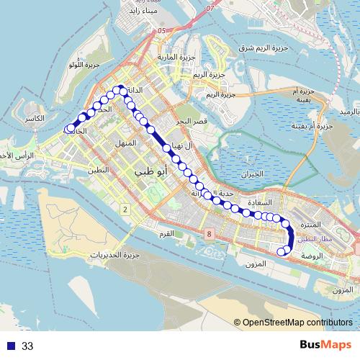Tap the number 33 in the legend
[x=27, y=346]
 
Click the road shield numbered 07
[x=210, y=9]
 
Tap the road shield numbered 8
[x=208, y=234]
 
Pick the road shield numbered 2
[x=125, y=210]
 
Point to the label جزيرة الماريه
[x=172, y=56]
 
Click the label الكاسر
[x=34, y=117]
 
